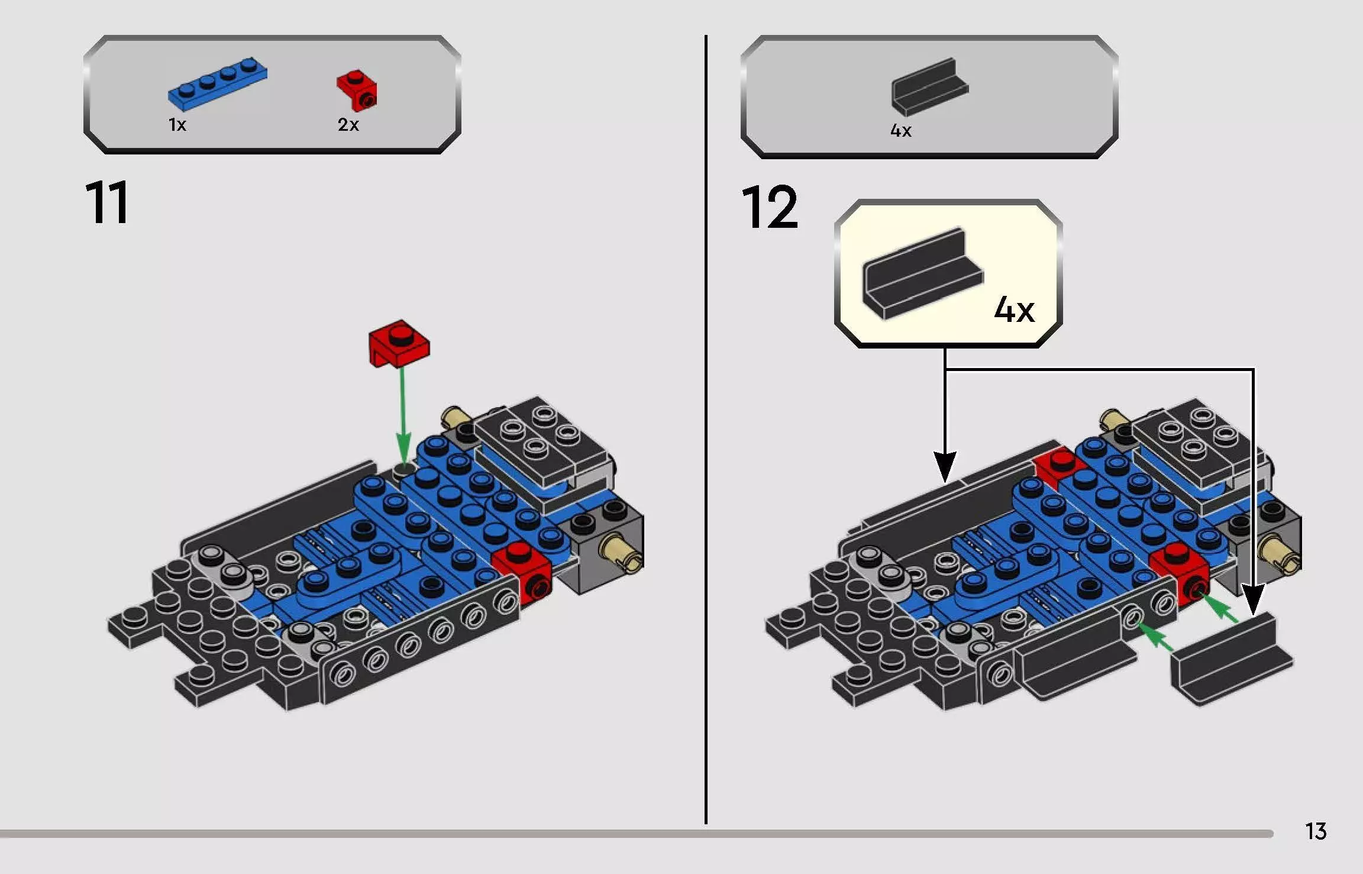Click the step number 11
(x=106, y=203)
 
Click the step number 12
(x=769, y=207)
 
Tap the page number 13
(x=1316, y=831)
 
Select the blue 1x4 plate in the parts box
(x=217, y=84)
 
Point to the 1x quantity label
(x=177, y=125)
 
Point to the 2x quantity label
(x=348, y=125)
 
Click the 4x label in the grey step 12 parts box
(x=900, y=131)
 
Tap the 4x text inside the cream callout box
(x=1014, y=309)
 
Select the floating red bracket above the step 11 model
(x=399, y=343)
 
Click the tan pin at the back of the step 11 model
(x=454, y=417)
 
